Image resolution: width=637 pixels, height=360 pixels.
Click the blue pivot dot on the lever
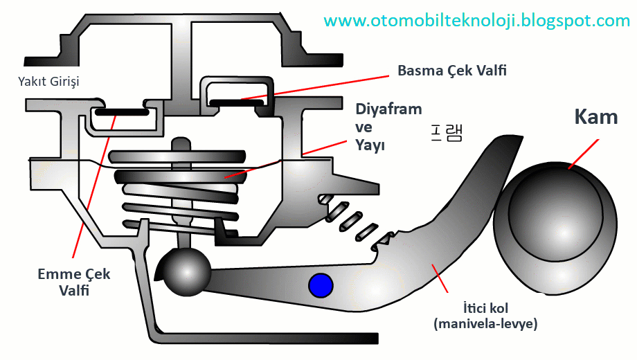pyautogui.click(x=321, y=285)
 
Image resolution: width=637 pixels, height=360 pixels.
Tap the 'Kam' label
pyautogui.click(x=595, y=116)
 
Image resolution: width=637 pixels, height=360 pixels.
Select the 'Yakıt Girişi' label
pyautogui.click(x=48, y=82)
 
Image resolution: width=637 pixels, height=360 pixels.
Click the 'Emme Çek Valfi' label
pyautogui.click(x=73, y=282)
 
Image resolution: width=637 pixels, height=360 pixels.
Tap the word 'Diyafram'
pyautogui.click(x=388, y=109)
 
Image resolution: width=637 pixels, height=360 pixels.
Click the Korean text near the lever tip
pyautogui.click(x=443, y=132)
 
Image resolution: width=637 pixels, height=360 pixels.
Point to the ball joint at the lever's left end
pyautogui.click(x=186, y=271)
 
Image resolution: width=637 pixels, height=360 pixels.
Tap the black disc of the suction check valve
pyautogui.click(x=121, y=111)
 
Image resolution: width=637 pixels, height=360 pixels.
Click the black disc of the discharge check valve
pyautogui.click(x=235, y=104)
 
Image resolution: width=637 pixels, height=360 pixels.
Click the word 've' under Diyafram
pyautogui.click(x=364, y=127)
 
